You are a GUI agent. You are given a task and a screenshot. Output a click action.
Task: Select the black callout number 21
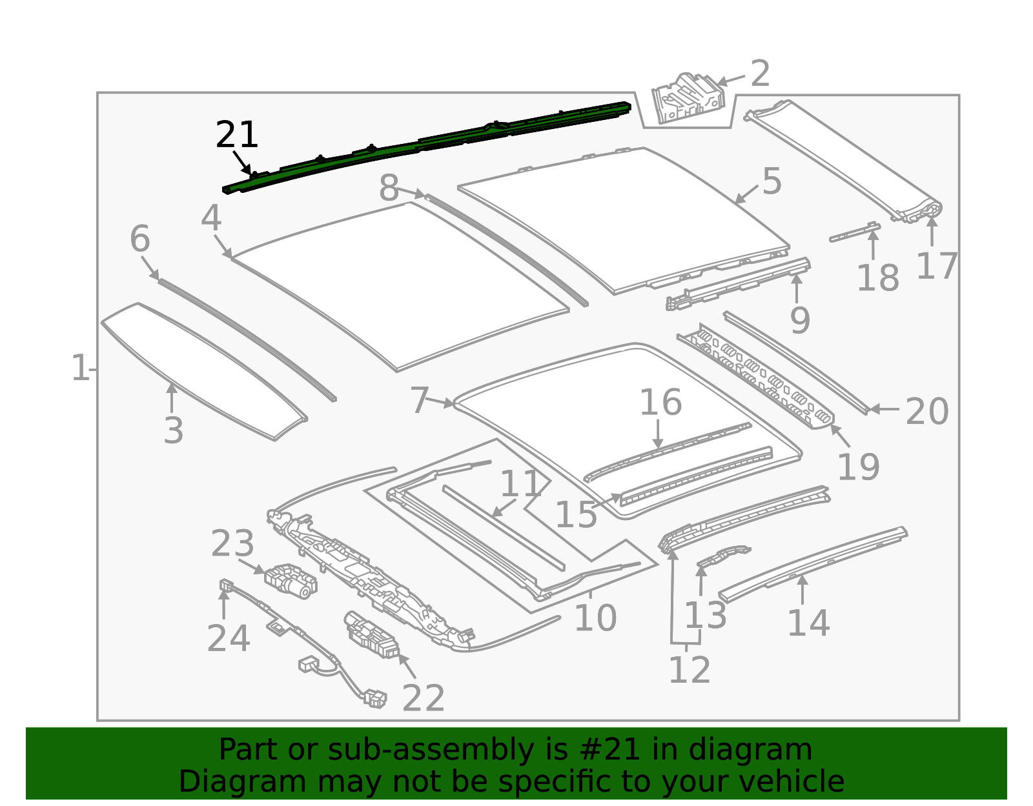(x=237, y=136)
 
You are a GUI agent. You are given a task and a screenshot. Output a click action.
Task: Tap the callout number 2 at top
(x=760, y=74)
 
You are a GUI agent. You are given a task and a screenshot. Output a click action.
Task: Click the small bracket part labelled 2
(x=687, y=98)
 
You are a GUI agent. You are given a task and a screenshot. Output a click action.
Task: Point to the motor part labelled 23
(x=291, y=579)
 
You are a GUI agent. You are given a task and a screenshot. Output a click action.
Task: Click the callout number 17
(x=936, y=267)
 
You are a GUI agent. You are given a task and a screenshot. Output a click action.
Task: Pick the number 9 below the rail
(x=799, y=320)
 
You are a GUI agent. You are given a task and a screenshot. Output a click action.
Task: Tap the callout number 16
(x=660, y=403)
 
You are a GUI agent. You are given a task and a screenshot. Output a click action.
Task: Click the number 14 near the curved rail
(x=808, y=623)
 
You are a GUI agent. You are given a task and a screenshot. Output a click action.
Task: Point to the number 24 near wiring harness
(x=228, y=639)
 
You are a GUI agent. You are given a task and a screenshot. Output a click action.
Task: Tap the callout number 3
(x=173, y=430)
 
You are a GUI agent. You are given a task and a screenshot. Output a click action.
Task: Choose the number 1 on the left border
(x=79, y=368)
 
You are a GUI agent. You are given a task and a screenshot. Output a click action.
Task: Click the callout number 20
(x=926, y=411)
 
